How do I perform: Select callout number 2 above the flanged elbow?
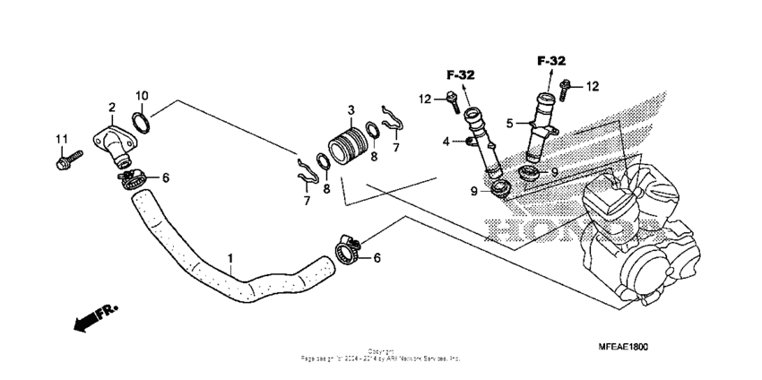coord(112,108)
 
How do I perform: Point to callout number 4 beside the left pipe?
coord(446,142)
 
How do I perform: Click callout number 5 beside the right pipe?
coord(508,124)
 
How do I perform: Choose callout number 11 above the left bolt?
coord(62,138)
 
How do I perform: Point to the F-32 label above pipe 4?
coord(462,74)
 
